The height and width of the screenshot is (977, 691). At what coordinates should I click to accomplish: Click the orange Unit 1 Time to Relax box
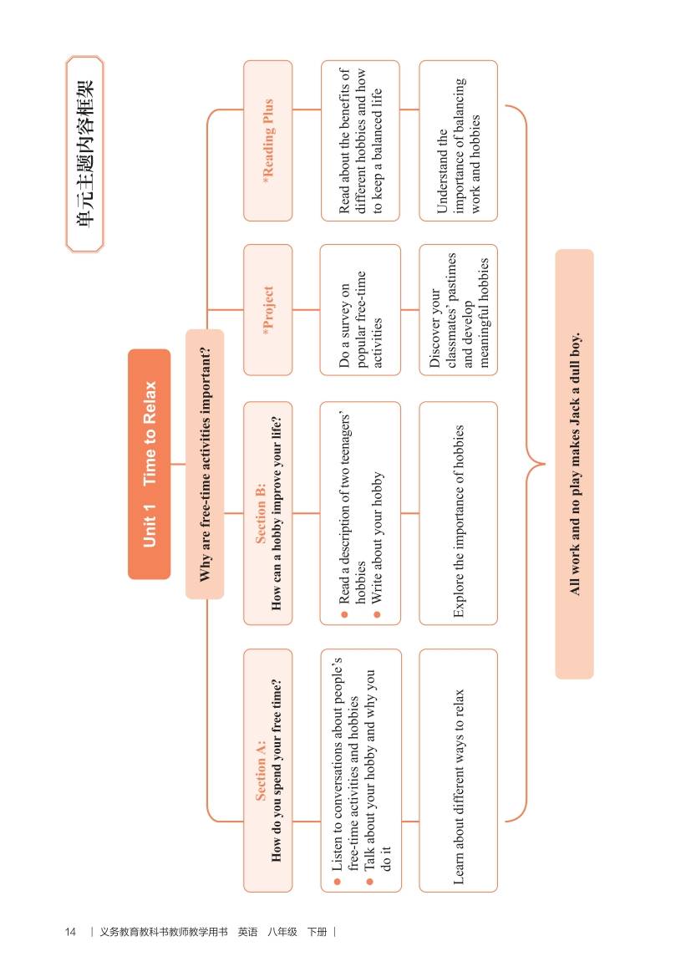[x=149, y=464]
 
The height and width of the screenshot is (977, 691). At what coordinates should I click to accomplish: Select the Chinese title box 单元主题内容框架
[x=84, y=155]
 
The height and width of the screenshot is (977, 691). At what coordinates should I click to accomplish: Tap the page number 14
[x=70, y=932]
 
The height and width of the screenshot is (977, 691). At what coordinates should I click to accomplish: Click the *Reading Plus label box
[x=268, y=140]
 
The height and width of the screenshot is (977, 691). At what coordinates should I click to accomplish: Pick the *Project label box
[x=268, y=310]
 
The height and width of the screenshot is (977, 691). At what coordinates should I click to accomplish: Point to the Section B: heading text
[x=261, y=513]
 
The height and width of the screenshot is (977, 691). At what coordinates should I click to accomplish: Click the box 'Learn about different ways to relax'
[x=458, y=770]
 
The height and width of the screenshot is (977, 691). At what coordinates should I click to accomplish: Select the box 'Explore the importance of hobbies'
[x=458, y=513]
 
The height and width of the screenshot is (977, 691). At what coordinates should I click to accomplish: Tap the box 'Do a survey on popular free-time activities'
[x=360, y=310]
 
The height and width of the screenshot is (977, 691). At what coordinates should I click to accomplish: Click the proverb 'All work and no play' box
[x=575, y=464]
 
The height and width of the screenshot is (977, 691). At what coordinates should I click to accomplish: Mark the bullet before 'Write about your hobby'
[x=376, y=615]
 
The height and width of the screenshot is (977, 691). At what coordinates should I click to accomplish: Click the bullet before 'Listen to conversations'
[x=337, y=882]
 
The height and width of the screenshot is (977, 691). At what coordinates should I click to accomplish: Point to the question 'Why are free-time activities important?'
[x=205, y=464]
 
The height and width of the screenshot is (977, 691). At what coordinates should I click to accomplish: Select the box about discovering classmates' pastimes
[x=458, y=310]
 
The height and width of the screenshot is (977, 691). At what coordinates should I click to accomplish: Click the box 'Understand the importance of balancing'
[x=458, y=140]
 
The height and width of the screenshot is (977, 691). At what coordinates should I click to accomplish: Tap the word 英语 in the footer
[x=247, y=932]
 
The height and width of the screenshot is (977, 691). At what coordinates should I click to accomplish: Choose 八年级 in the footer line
[x=282, y=932]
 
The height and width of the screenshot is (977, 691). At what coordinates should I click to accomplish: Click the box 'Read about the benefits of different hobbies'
[x=360, y=140]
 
